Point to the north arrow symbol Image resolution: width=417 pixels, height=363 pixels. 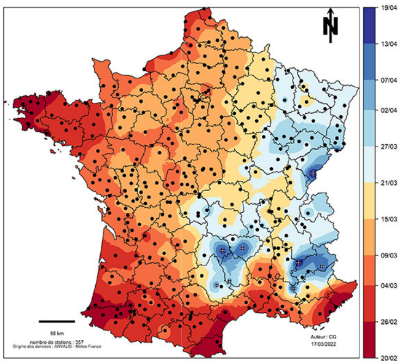tap(330, 25)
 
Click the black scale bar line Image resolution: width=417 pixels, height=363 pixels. tap(57, 321)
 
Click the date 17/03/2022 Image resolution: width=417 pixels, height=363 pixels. tap(321, 344)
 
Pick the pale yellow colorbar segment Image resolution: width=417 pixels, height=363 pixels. tap(371, 200)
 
